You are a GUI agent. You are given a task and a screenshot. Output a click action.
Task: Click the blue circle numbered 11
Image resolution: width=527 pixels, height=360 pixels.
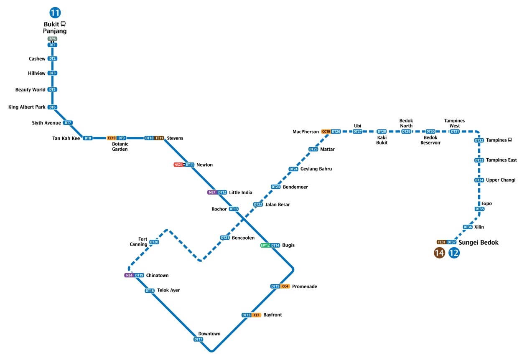tap(55, 13)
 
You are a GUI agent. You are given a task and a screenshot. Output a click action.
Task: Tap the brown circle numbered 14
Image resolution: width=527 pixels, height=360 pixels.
tap(439, 253)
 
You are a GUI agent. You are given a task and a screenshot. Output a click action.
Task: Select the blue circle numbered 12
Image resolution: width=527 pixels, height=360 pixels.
tap(454, 253)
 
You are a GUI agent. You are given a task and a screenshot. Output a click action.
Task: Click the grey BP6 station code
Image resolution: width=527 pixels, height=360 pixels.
tap(52, 39)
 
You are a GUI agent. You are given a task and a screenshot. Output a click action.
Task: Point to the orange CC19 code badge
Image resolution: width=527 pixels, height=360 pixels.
tap(111, 138)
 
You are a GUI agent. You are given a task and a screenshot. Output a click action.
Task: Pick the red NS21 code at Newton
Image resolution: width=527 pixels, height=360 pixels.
tap(178, 165)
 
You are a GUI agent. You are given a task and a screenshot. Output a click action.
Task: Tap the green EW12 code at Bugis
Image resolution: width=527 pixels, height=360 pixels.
tap(265, 246)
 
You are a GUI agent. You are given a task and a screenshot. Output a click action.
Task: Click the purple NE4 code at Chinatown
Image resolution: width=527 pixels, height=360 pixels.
tap(129, 276)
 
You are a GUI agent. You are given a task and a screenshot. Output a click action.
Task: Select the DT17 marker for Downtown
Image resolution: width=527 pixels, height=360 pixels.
tap(198, 340)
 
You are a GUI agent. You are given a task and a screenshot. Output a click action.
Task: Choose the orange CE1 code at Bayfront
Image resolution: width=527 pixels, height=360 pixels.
tap(257, 315)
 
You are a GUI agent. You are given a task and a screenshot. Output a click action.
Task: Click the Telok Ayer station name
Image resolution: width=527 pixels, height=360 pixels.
tap(168, 290)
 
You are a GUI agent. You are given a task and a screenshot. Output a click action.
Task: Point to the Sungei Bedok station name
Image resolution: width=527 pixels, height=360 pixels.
tap(479, 242)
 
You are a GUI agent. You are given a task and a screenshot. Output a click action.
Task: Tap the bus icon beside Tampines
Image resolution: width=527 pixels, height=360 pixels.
tap(510, 140)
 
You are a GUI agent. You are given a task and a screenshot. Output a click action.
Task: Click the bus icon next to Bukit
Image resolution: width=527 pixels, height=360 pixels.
tap(63, 24)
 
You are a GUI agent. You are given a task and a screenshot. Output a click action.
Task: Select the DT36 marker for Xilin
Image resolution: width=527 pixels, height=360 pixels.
tap(468, 227)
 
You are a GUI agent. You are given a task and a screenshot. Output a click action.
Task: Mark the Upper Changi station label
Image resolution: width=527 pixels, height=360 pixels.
tap(501, 180)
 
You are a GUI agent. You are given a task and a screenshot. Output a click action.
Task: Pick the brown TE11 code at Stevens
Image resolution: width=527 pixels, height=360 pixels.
tap(159, 138)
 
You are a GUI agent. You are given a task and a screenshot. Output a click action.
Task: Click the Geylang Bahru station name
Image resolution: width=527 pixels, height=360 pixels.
tap(316, 169)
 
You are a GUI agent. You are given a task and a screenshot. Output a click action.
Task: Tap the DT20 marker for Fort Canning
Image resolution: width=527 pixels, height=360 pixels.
tap(154, 242)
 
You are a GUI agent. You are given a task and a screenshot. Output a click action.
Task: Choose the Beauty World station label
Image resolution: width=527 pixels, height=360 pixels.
tap(31, 90)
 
